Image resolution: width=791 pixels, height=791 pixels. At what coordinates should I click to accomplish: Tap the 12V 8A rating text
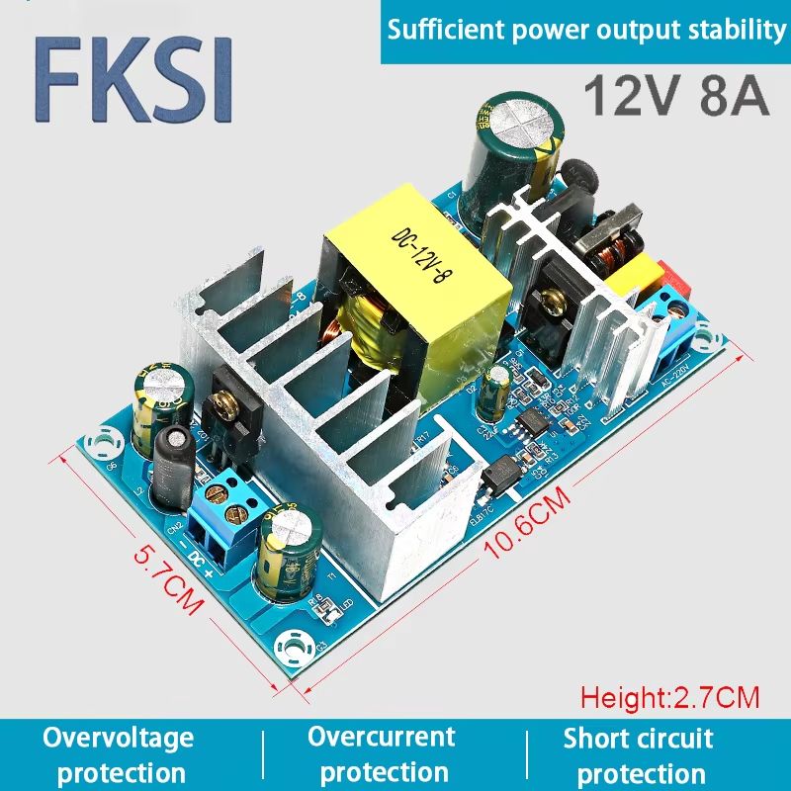tap(675, 96)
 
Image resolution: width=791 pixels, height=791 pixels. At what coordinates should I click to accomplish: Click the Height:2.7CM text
tap(669, 697)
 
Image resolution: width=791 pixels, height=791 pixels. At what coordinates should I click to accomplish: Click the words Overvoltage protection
tap(118, 753)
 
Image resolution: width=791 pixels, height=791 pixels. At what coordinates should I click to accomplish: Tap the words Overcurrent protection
tap(383, 753)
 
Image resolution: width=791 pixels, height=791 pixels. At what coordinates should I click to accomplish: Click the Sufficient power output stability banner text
tap(586, 31)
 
